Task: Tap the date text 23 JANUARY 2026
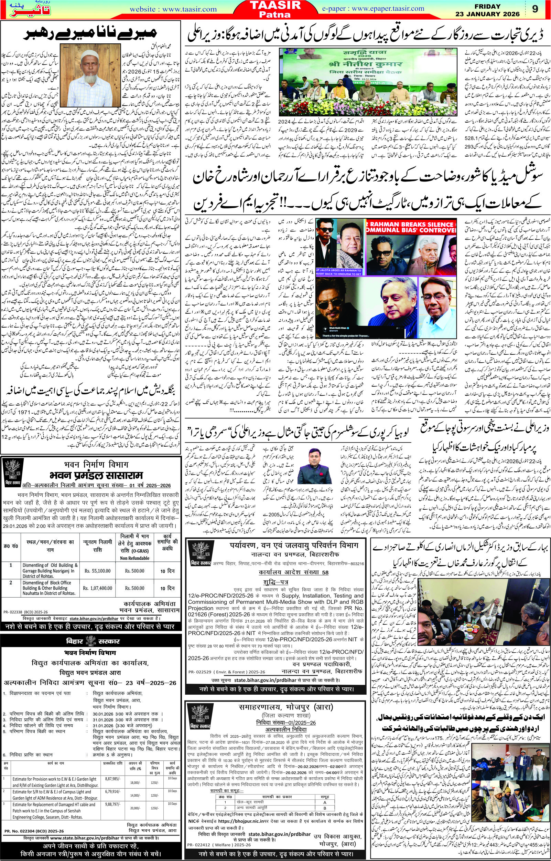pos(479,14)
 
